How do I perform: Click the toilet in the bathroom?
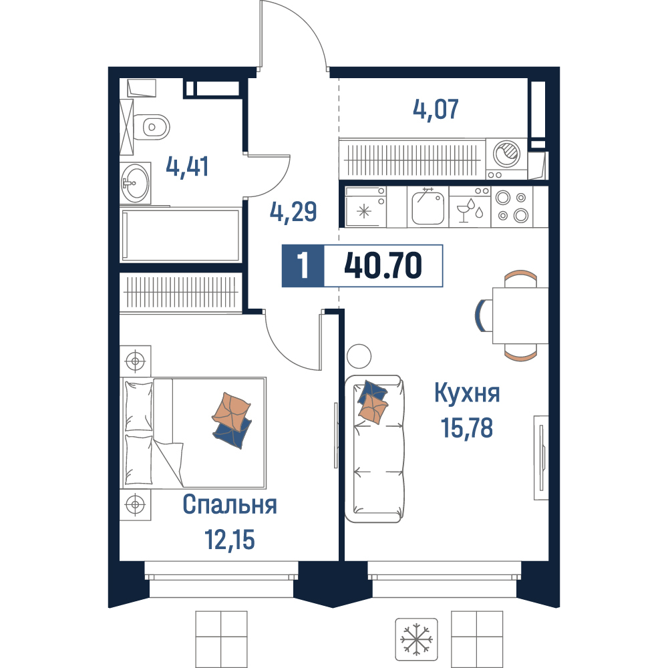(151, 127)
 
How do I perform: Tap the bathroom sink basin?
(136, 183)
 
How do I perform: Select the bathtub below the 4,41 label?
(180, 234)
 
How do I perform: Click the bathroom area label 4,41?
(187, 166)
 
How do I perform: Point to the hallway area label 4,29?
(293, 212)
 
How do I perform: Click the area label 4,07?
(436, 109)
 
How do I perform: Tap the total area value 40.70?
(383, 265)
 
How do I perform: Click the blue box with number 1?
(303, 265)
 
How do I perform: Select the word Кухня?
(467, 393)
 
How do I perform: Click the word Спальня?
(230, 505)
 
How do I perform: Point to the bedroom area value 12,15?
(230, 539)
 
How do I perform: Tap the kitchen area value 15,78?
(467, 428)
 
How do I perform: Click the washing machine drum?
(506, 154)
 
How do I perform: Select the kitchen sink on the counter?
(428, 208)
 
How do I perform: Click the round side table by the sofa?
(359, 356)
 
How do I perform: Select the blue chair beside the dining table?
(482, 315)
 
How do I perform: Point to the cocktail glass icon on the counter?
(463, 212)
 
